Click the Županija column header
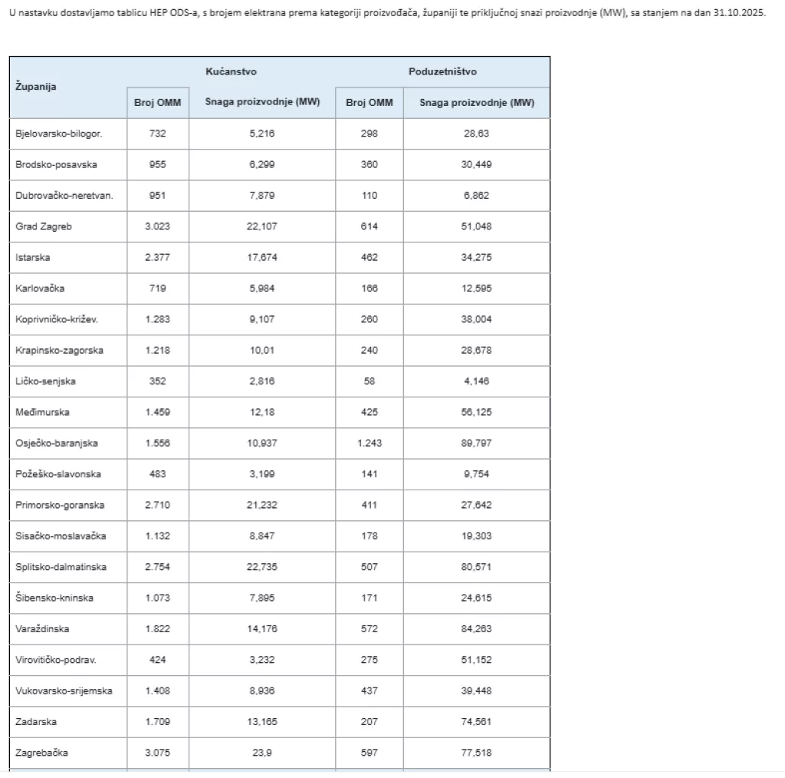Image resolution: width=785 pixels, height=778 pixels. pyautogui.click(x=36, y=87)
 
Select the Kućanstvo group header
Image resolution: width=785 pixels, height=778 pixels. pyautogui.click(x=231, y=71)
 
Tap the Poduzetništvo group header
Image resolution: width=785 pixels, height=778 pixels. pyautogui.click(x=442, y=71)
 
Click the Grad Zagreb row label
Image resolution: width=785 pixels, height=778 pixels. pyautogui.click(x=44, y=226)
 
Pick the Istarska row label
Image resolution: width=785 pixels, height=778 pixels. pyautogui.click(x=32, y=258)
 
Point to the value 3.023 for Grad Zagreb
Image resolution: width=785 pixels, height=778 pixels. pyautogui.click(x=157, y=226)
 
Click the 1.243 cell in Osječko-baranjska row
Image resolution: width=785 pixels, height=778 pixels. pyautogui.click(x=369, y=443)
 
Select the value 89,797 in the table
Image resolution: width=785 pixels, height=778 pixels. pyautogui.click(x=476, y=443)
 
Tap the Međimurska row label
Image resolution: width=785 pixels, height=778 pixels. pyautogui.click(x=42, y=412)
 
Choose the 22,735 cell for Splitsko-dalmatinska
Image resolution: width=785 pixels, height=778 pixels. pyautogui.click(x=261, y=567)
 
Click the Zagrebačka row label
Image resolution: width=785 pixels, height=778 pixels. pyautogui.click(x=41, y=753)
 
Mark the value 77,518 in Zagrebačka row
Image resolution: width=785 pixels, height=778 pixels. pyautogui.click(x=476, y=753)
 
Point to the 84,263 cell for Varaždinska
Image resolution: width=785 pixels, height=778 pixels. pyautogui.click(x=476, y=629)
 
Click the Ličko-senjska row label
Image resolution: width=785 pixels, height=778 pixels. pyautogui.click(x=45, y=381)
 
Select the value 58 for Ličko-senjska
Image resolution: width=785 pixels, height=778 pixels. pyautogui.click(x=369, y=381)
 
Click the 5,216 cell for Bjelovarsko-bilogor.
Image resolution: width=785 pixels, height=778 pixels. pyautogui.click(x=261, y=134)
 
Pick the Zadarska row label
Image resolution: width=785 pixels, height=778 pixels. pyautogui.click(x=36, y=722)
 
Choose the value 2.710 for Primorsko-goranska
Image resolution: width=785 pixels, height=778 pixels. pyautogui.click(x=157, y=506)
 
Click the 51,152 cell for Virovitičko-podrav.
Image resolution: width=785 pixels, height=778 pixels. pyautogui.click(x=476, y=660)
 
